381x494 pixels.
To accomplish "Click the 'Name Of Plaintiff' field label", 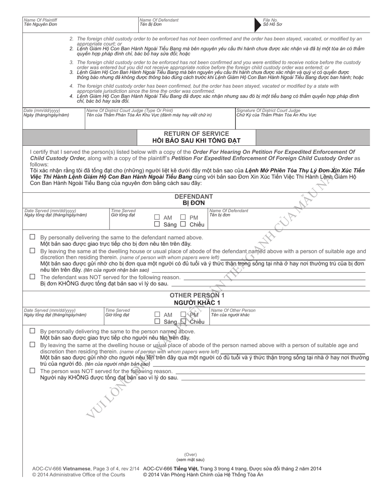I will tap(41, 20).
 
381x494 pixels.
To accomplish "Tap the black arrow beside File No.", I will tap(258, 24).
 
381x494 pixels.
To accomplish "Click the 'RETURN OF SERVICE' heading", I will tap(197, 133).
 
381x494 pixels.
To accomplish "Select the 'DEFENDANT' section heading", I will tap(194, 196).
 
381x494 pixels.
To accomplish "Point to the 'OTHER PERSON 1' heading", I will tap(197, 295).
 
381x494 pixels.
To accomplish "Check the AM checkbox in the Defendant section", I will tap(157, 217).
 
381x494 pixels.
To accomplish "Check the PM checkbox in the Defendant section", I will tap(183, 217).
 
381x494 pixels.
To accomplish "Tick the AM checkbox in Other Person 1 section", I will tap(157, 314).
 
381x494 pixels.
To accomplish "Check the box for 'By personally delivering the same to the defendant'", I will tap(32, 237).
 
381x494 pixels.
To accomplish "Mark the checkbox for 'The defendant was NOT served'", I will tap(32, 277).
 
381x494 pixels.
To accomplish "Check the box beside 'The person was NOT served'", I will tap(32, 370).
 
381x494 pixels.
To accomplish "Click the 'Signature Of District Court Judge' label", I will tap(268, 110).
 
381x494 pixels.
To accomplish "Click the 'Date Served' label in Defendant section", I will tap(50, 210).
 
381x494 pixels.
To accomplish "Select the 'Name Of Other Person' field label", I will tap(233, 310).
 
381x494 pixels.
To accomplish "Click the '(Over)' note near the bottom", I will tap(190, 455).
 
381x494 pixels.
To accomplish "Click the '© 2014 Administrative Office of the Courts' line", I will tap(79, 475).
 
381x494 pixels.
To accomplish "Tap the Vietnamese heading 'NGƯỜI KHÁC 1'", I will tap(197, 302).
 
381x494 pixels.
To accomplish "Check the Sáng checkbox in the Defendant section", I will tap(157, 224).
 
